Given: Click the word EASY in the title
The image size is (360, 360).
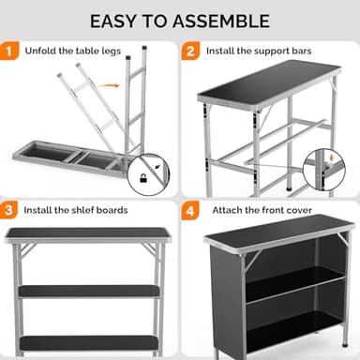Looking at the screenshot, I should pyautogui.click(x=117, y=21).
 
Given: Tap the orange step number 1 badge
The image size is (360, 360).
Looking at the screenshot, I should pyautogui.click(x=11, y=51).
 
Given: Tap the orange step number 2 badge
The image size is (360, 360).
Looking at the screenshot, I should pyautogui.click(x=191, y=51).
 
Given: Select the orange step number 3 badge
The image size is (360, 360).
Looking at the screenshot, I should pyautogui.click(x=11, y=210).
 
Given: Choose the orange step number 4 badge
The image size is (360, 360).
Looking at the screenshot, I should pyautogui.click(x=191, y=210).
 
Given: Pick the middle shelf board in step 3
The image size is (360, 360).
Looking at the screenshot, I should pyautogui.click(x=89, y=292).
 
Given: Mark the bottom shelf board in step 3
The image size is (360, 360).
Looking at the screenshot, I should pyautogui.click(x=89, y=341).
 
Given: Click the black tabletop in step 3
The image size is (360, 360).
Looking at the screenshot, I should pyautogui.click(x=89, y=233).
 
